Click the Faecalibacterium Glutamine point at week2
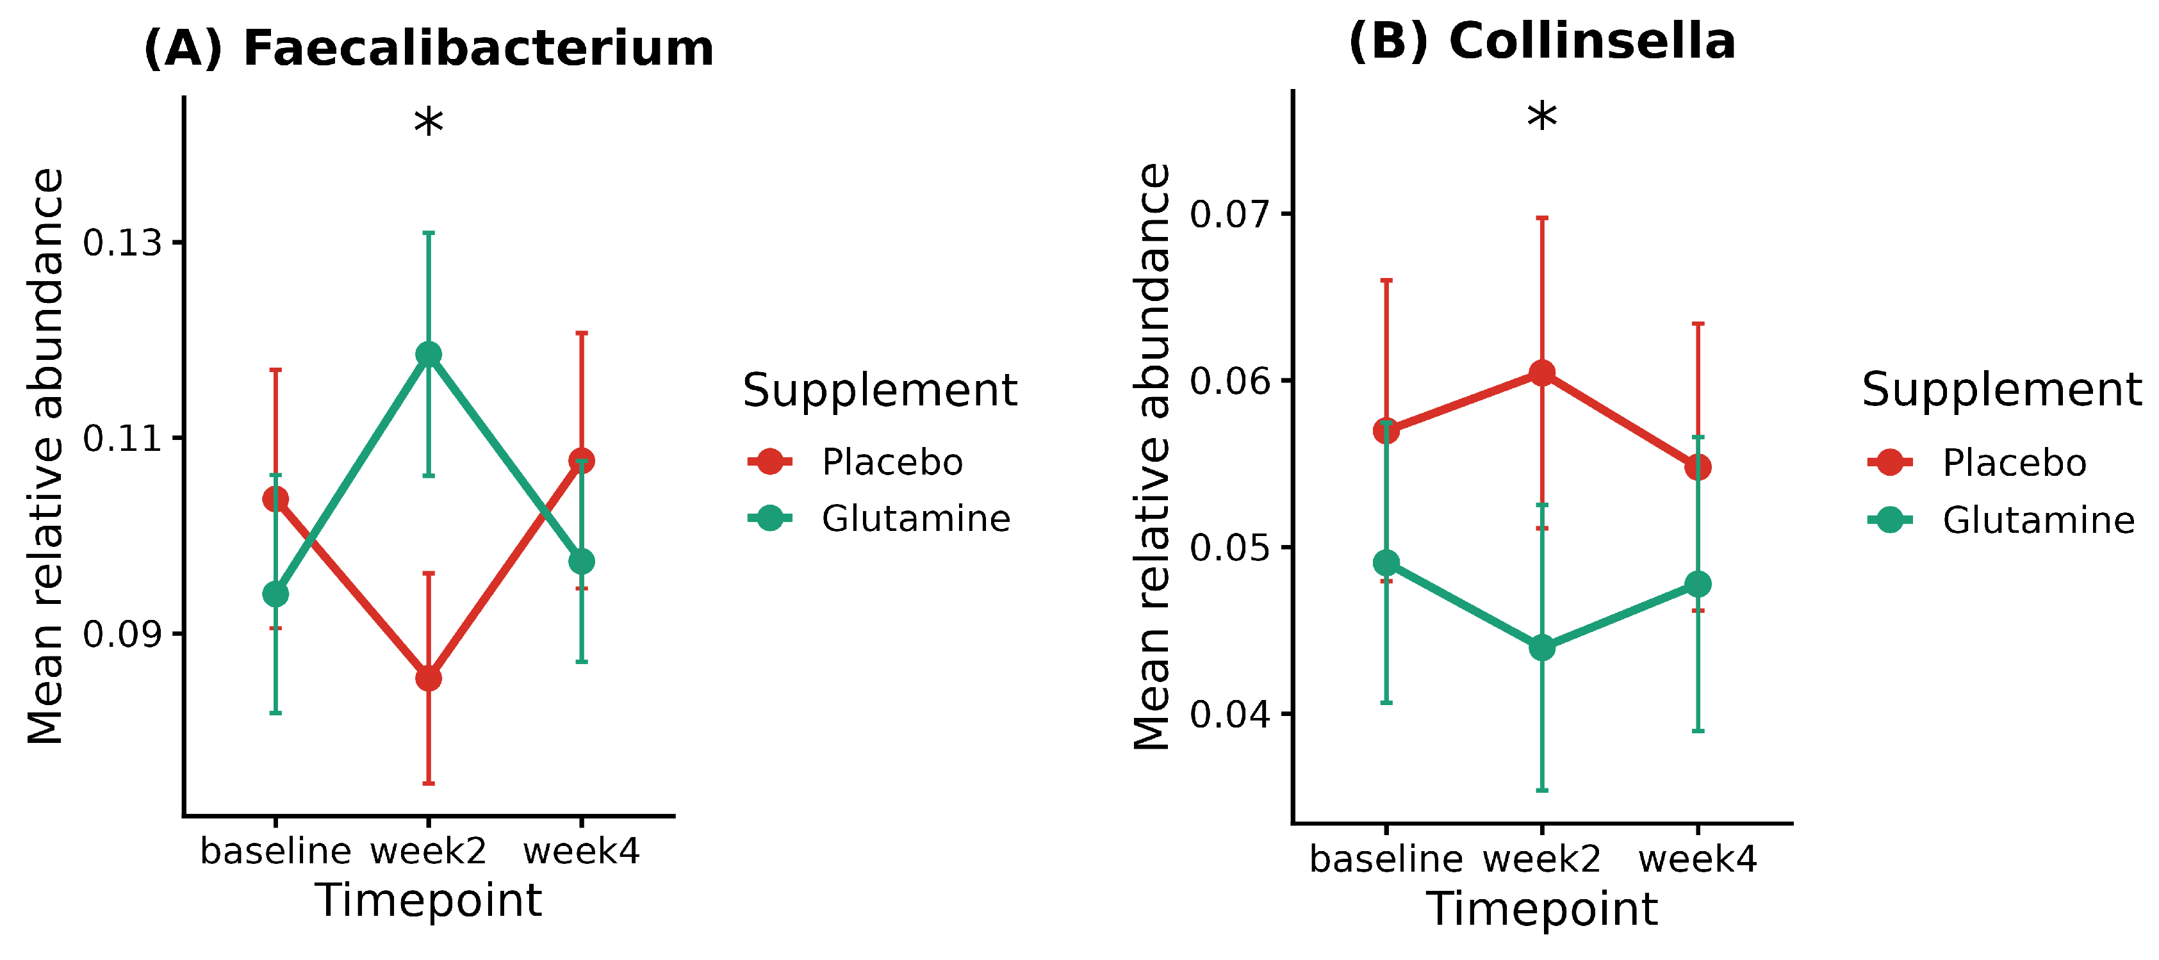(429, 354)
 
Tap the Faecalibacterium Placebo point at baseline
(275, 500)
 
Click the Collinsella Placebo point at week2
(1542, 373)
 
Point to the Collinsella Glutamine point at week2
(1542, 647)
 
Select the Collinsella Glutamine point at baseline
(1386, 563)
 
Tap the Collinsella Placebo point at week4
(1698, 467)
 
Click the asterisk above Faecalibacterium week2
(429, 123)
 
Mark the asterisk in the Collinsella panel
(1542, 117)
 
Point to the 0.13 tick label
(122, 243)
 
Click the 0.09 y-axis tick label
(122, 634)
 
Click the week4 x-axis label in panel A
(582, 851)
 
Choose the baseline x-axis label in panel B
(1386, 859)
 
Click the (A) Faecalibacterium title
(429, 48)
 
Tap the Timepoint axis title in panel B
(1542, 909)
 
